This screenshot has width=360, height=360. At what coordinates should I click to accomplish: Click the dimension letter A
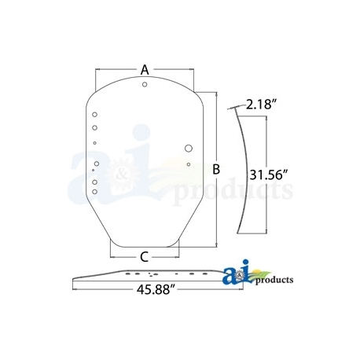coord(145,69)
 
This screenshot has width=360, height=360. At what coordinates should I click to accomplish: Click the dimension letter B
coord(216,168)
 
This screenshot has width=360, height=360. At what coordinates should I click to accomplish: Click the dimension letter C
coord(145,255)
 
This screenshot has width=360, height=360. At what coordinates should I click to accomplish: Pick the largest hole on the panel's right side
coord(189,148)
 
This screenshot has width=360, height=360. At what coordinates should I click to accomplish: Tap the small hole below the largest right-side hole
coord(189,163)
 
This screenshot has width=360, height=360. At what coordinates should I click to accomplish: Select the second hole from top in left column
coord(94,127)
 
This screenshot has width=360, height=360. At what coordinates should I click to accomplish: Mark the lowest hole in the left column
coord(94,189)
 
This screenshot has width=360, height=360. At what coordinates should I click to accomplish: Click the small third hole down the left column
coord(95,143)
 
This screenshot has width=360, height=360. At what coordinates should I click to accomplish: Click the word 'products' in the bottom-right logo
coord(274,279)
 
